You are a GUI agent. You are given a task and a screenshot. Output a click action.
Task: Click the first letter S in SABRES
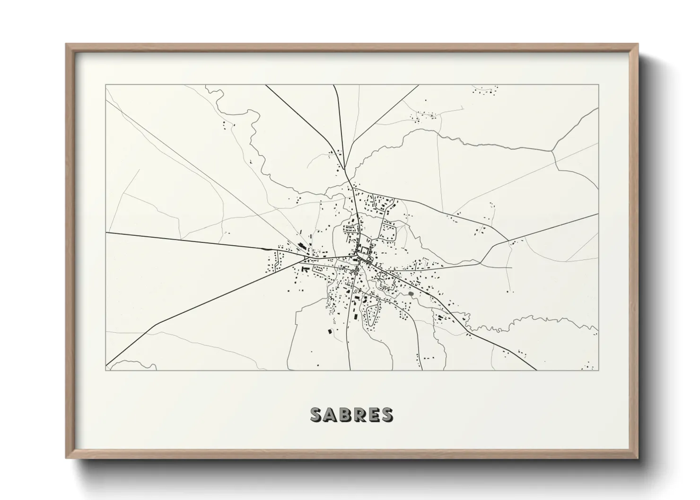(316, 415)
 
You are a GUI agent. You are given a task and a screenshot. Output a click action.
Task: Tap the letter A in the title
(331, 415)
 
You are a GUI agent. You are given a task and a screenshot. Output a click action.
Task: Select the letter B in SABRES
(345, 415)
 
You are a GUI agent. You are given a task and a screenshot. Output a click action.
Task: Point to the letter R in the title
(359, 415)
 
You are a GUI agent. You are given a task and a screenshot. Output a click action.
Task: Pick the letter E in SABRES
(373, 415)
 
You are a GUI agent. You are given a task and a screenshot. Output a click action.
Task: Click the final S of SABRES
(386, 415)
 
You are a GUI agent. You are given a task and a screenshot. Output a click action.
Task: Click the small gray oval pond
(411, 293)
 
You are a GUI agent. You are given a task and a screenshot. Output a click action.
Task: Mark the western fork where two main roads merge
(304, 259)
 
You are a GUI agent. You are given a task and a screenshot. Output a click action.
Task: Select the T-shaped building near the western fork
(306, 269)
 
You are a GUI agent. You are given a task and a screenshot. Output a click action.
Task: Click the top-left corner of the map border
(105, 85)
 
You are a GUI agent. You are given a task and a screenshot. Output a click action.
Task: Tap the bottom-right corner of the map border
(599, 371)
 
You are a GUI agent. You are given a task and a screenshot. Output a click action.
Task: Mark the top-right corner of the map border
(599, 85)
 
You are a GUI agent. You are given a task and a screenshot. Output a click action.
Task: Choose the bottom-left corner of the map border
(105, 371)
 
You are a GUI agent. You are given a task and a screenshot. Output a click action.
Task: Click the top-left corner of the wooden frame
(66, 44)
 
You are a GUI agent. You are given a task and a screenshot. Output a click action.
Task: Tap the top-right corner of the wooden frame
(639, 44)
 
